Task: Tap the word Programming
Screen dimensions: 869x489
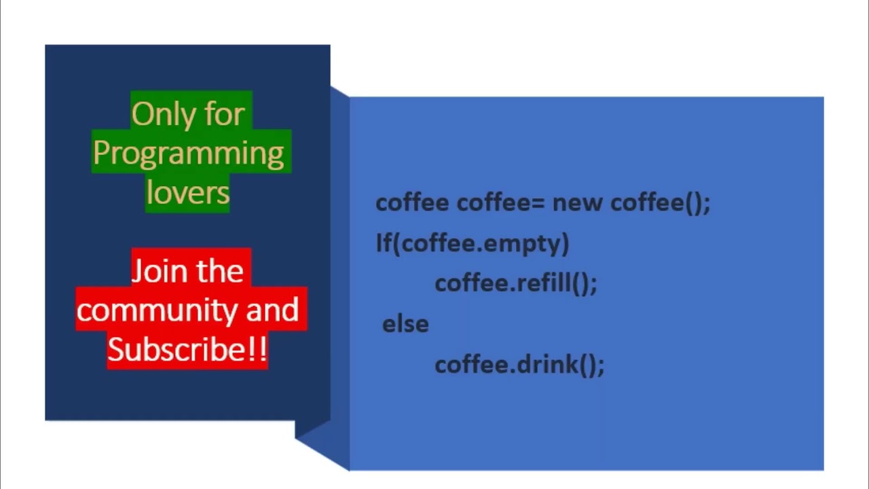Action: coord(189,154)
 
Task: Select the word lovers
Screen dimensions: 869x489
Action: coord(188,192)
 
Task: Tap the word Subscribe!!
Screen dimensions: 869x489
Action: coord(187,349)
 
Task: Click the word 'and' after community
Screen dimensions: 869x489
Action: coord(272,309)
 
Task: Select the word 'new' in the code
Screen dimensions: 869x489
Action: coord(578,203)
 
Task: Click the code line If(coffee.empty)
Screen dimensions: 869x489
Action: coord(473,244)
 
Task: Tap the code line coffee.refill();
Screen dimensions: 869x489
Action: coord(516,283)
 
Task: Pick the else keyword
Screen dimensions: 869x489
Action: coord(405,324)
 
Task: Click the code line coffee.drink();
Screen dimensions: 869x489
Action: coord(519,365)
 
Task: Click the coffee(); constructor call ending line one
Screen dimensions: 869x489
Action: coord(661,203)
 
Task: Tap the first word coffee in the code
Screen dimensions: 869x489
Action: coord(412,202)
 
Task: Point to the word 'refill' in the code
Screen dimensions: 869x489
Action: coord(544,282)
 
